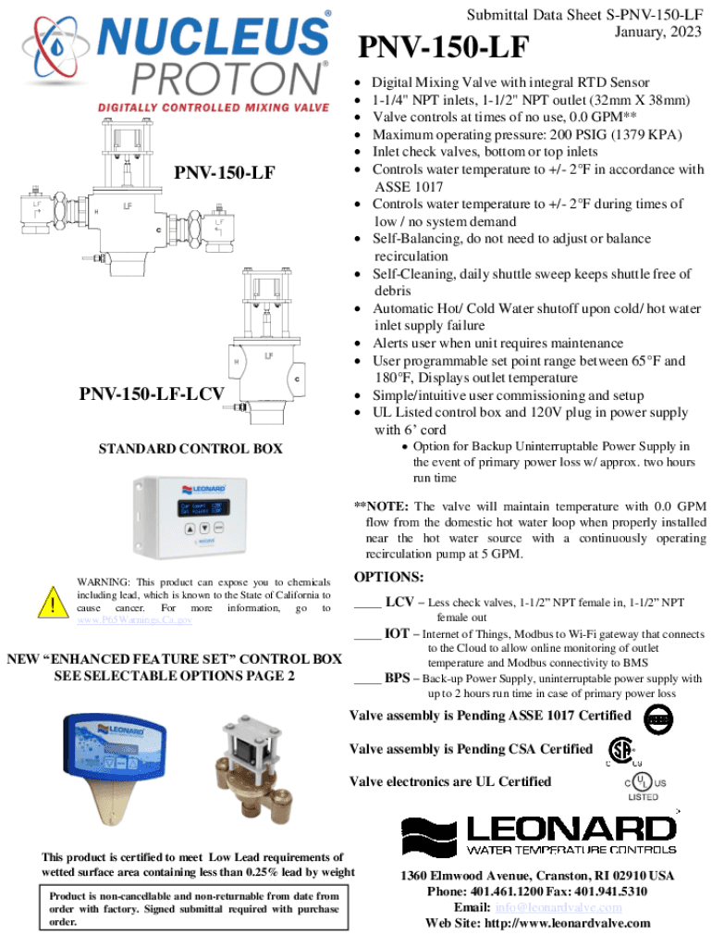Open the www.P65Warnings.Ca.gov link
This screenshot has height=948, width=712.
(134, 620)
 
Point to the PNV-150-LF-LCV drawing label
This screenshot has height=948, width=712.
(152, 395)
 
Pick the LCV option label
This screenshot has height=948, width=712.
(399, 602)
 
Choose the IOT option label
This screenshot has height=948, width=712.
(398, 634)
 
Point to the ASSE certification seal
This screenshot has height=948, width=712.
(658, 717)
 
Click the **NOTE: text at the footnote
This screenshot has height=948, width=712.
(382, 506)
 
